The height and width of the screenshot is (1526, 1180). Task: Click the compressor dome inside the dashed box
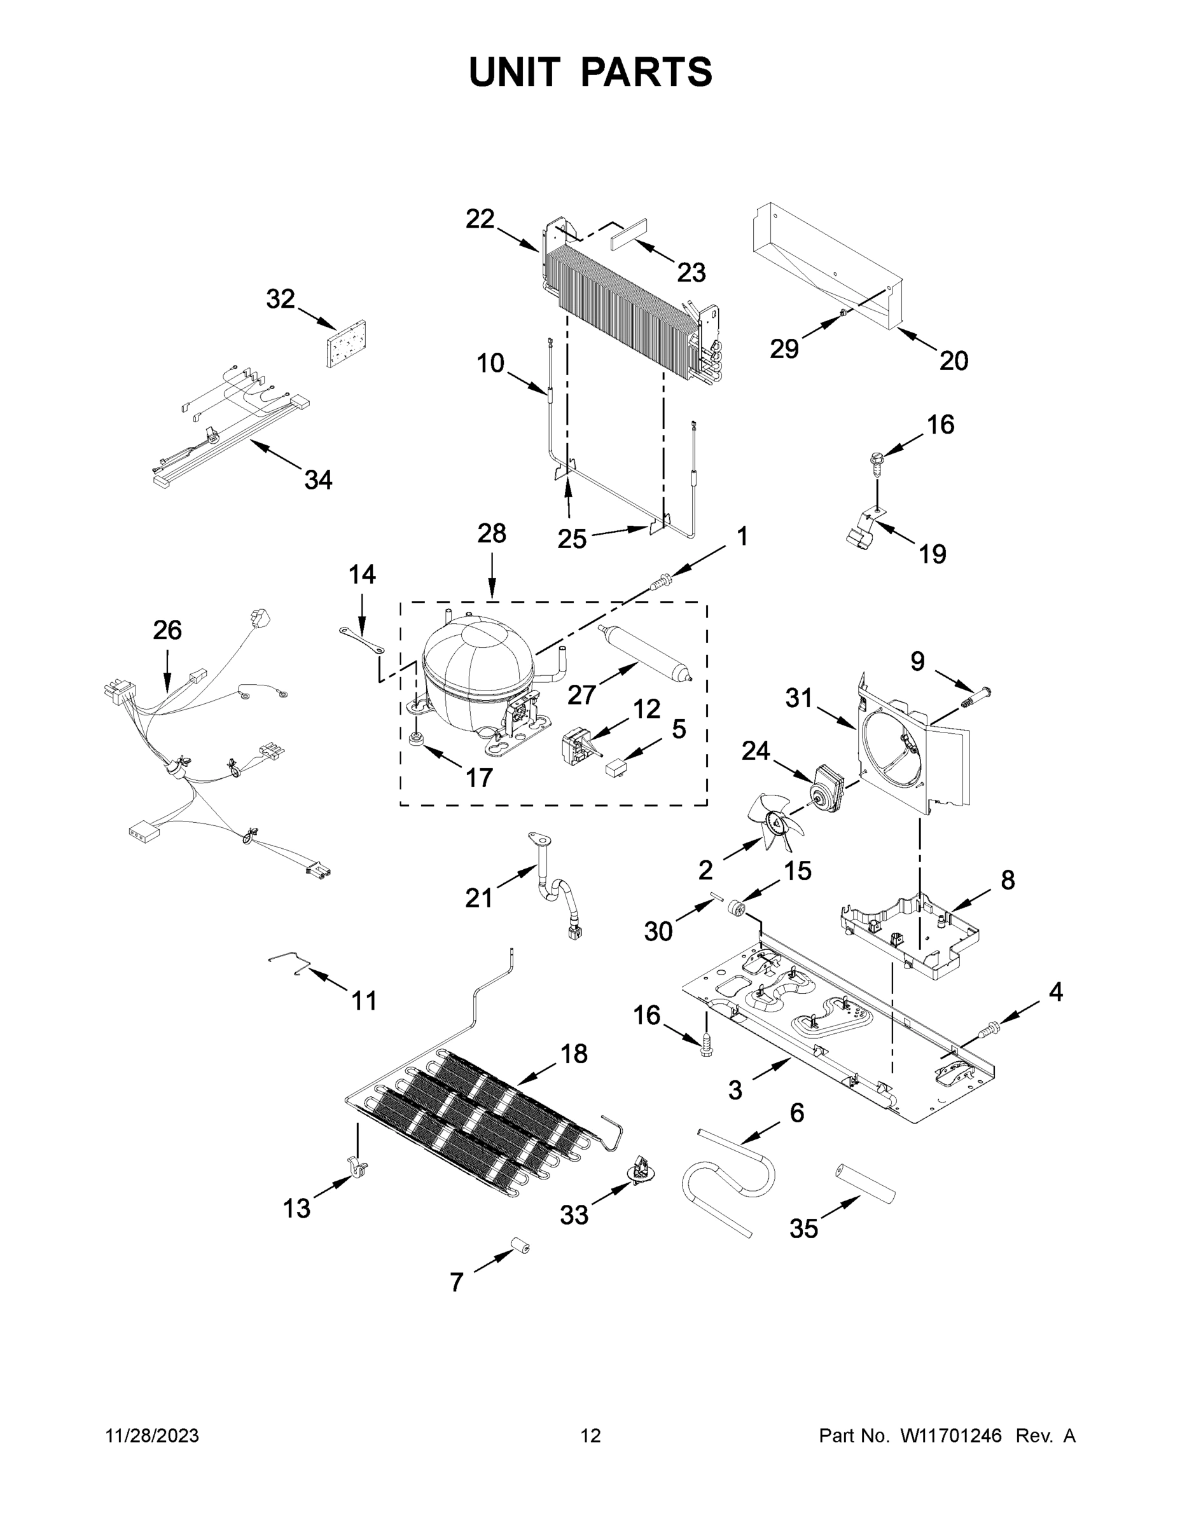478,664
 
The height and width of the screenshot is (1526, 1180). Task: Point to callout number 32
281,299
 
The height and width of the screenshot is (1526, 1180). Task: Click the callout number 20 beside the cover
953,361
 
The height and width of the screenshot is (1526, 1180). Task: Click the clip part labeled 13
358,1166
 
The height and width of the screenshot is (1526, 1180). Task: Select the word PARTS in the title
647,72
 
